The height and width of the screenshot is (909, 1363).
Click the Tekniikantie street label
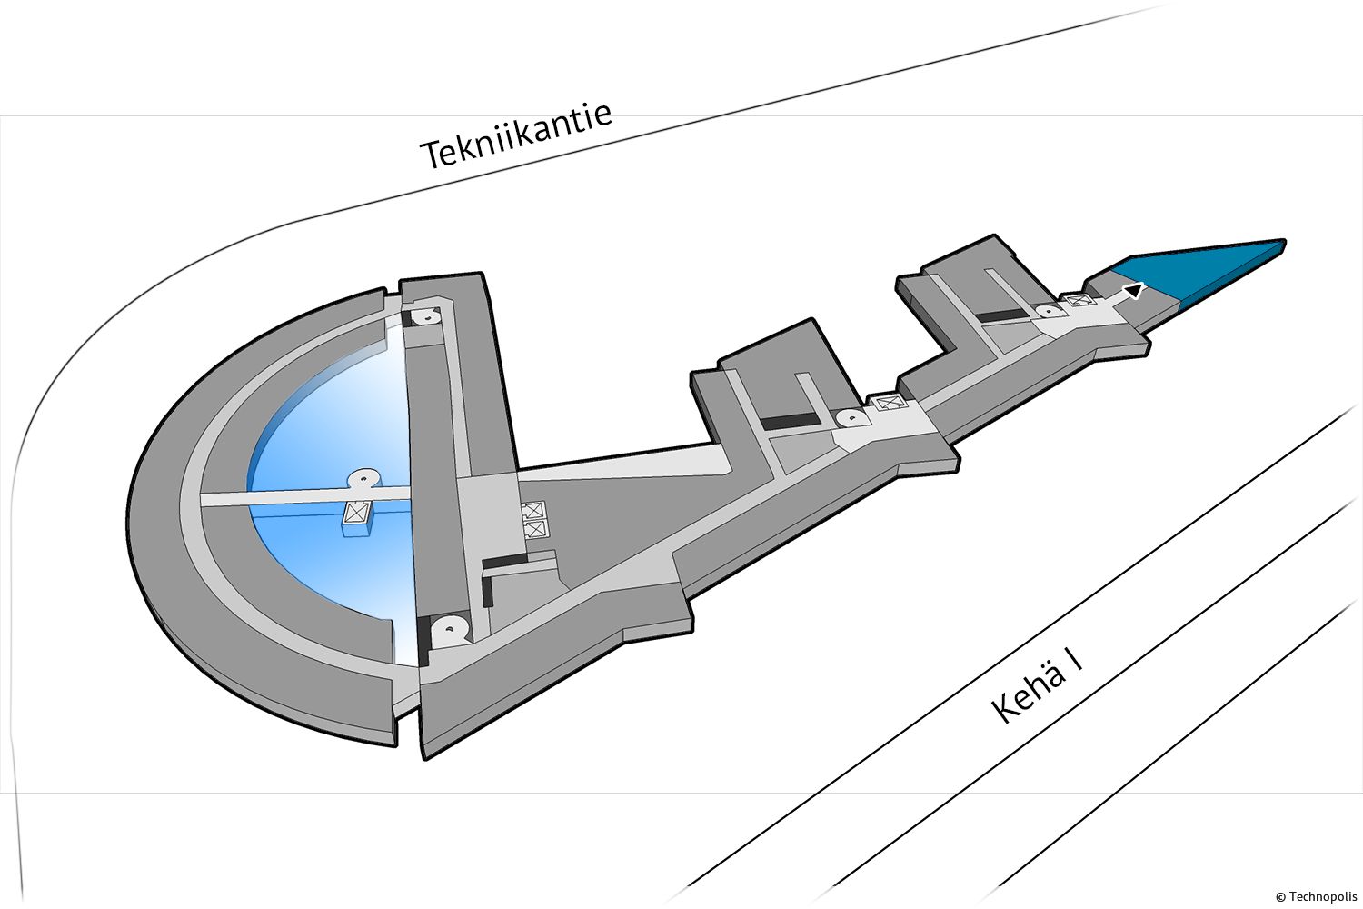516,136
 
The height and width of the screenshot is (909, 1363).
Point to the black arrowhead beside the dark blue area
1134,291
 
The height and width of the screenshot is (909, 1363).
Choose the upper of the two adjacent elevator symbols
533,510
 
